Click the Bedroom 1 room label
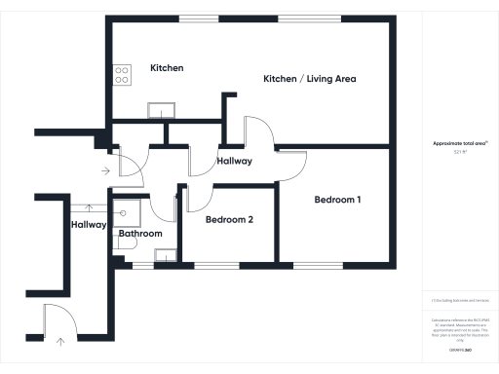tap(338, 200)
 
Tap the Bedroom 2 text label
tap(229, 220)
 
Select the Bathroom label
tap(140, 234)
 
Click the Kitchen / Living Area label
tap(310, 79)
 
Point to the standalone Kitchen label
tap(167, 68)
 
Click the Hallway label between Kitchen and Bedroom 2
tap(235, 161)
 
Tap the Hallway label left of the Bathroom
tap(89, 225)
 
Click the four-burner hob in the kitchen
tap(123, 74)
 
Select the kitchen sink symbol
tap(158, 110)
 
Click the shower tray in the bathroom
tap(127, 210)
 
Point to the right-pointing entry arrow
tap(105, 169)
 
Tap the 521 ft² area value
tap(460, 152)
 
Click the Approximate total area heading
tap(460, 143)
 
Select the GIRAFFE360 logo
tap(460, 347)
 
